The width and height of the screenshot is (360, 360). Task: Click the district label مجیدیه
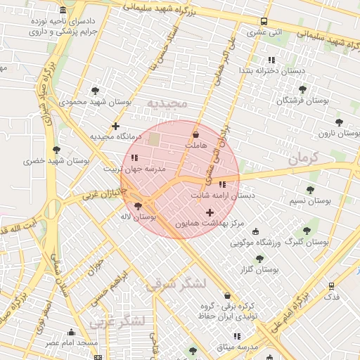coord(168,104)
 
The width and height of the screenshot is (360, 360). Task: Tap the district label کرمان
coord(303,157)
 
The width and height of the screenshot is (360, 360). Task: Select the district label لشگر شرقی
coord(176,283)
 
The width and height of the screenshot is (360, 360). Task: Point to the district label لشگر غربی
coord(117,321)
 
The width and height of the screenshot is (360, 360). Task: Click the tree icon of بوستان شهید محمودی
coord(95,91)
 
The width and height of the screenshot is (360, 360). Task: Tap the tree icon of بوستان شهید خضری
coord(56,150)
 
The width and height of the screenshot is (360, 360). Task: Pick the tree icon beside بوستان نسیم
coord(310,190)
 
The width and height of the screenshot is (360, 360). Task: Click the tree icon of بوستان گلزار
coord(259,259)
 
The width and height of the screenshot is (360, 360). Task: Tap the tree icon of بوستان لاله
coord(137,206)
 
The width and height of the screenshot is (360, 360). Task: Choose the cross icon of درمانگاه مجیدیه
coord(116,126)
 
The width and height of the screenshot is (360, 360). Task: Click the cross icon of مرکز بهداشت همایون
coord(210,212)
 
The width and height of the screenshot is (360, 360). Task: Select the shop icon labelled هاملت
coord(195,134)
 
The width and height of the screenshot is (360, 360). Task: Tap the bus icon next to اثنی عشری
coord(264,21)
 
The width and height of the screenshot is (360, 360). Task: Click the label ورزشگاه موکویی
coord(257,243)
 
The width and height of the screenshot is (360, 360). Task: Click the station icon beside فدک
coord(331,285)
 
